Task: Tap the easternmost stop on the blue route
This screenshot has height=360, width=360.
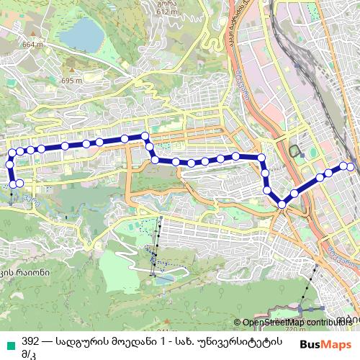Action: pyautogui.click(x=351, y=167)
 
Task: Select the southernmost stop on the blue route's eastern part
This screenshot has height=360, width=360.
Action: pyautogui.click(x=282, y=204)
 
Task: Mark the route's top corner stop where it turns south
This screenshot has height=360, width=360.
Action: pyautogui.click(x=145, y=135)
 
